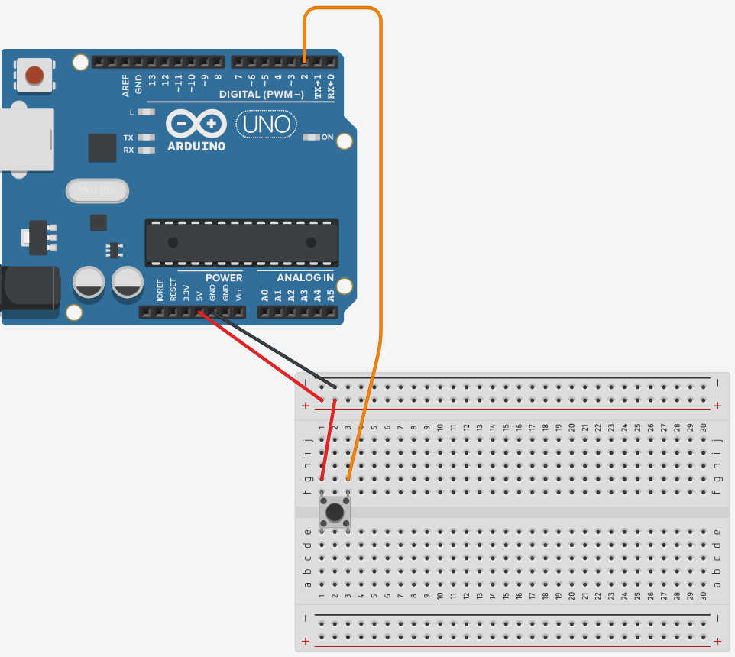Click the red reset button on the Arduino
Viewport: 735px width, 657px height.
[x=34, y=75]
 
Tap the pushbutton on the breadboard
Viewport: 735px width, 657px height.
[x=335, y=511]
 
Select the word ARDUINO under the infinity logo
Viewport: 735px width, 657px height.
[x=196, y=146]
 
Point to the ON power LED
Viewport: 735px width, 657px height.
[x=312, y=138]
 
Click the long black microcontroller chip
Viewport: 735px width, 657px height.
[x=241, y=243]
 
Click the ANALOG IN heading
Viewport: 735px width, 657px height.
[x=305, y=277]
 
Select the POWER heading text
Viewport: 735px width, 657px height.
[x=223, y=277]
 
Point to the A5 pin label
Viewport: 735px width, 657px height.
[x=331, y=293]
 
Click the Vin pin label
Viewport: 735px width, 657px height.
[x=239, y=292]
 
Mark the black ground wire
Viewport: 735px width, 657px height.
[x=275, y=348]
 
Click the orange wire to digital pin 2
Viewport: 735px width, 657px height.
[x=380, y=191]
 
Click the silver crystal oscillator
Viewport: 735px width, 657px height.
[x=96, y=191]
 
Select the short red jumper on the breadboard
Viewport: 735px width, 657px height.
[x=329, y=440]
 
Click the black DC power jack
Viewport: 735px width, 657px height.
[x=29, y=287]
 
